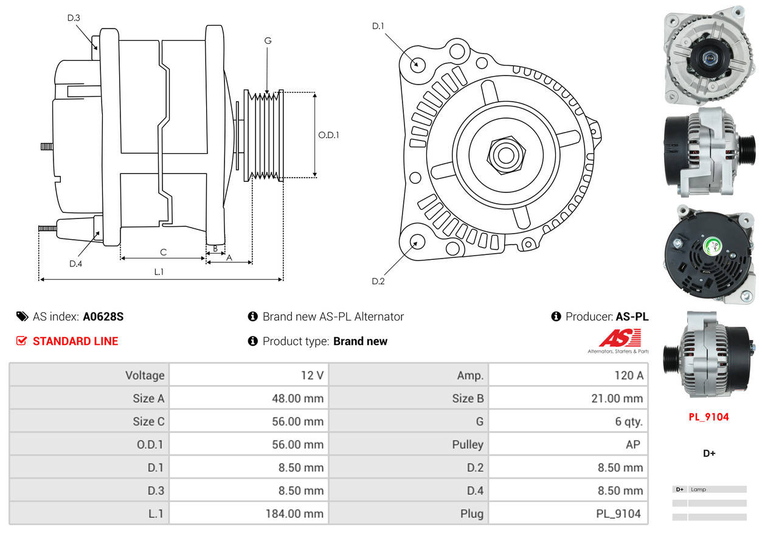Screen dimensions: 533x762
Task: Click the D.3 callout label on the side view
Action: pos(74,18)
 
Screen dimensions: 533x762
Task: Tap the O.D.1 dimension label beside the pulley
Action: pos(328,135)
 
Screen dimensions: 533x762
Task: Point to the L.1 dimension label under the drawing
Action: pos(159,272)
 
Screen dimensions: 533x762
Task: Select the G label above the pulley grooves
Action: pos(268,41)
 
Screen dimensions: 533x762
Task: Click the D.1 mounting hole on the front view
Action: pos(418,63)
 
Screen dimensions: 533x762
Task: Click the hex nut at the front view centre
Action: pos(505,153)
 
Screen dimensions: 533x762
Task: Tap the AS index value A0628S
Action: pos(103,316)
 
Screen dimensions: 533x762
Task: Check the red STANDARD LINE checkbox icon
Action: pos(21,341)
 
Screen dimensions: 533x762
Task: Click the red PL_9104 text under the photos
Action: pos(708,417)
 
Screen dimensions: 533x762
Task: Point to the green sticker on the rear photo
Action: pos(712,246)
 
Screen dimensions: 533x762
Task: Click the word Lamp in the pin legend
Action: pos(699,489)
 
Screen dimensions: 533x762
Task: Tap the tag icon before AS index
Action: pos(22,316)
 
